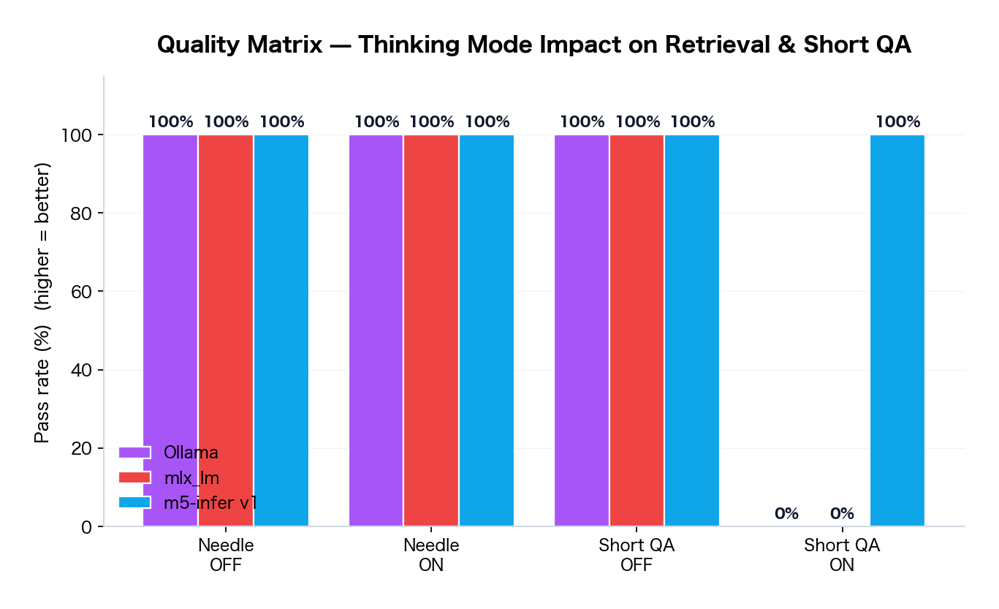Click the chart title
click(x=534, y=45)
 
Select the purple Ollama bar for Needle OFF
click(x=170, y=330)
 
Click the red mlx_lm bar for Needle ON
click(x=431, y=330)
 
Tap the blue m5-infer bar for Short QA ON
click(x=897, y=330)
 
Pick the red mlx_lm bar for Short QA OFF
click(x=637, y=330)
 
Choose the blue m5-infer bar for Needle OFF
click(x=281, y=330)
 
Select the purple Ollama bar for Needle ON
click(x=376, y=330)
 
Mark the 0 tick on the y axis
click(x=87, y=526)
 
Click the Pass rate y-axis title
click(x=43, y=303)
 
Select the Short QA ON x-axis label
click(x=842, y=555)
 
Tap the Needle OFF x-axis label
click(x=226, y=555)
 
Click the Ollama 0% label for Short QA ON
click(x=786, y=514)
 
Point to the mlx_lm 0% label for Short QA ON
click(x=842, y=514)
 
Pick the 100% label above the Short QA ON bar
click(x=897, y=122)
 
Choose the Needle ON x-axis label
click(x=431, y=555)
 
